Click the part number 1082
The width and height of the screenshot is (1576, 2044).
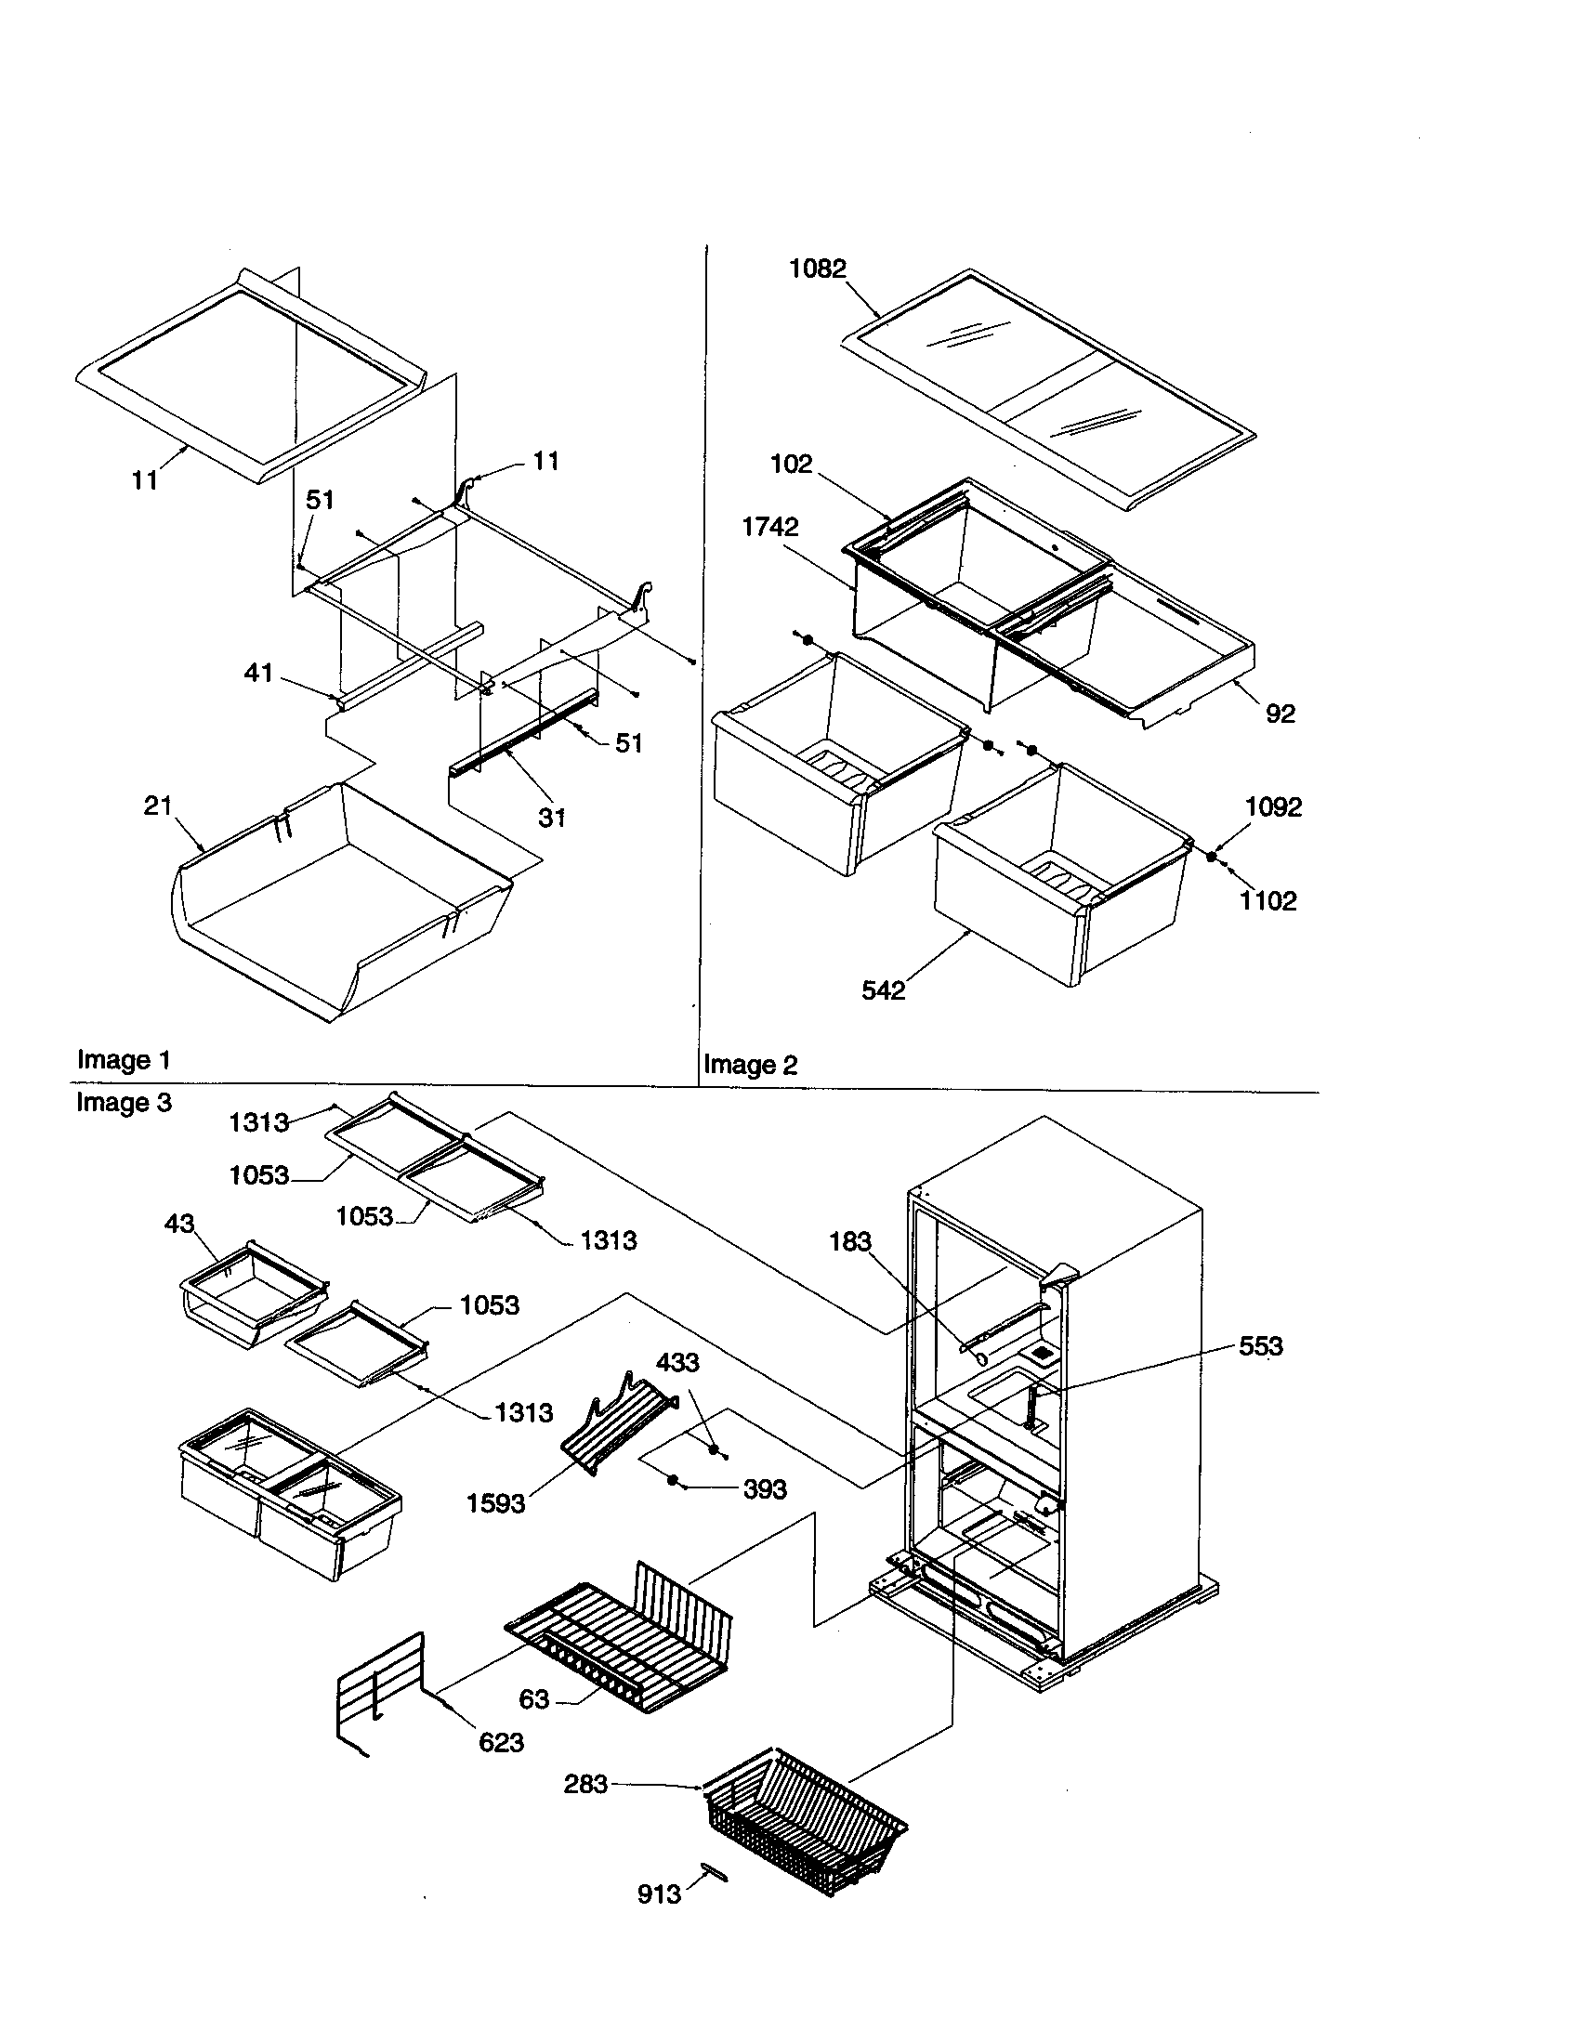[x=817, y=269]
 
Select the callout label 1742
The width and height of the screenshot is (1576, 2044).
[x=769, y=527]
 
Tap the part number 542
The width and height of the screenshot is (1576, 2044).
[x=883, y=990]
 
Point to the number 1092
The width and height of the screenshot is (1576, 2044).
[x=1273, y=806]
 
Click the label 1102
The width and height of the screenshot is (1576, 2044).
[x=1267, y=901]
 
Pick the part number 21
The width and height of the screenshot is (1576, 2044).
[x=157, y=805]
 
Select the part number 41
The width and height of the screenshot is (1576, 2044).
[x=258, y=672]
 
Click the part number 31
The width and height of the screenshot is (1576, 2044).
[x=551, y=817]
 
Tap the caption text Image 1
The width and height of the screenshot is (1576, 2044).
[x=124, y=1059]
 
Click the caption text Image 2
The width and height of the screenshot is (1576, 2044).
[x=750, y=1064]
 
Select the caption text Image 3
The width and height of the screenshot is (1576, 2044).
[x=124, y=1103]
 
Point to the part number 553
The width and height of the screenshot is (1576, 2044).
[x=1260, y=1346]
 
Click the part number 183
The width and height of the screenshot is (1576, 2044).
[x=849, y=1241]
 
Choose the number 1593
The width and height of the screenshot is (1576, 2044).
[x=495, y=1504]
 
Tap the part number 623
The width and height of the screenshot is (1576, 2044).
[x=501, y=1742]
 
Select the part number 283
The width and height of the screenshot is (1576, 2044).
[x=585, y=1784]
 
